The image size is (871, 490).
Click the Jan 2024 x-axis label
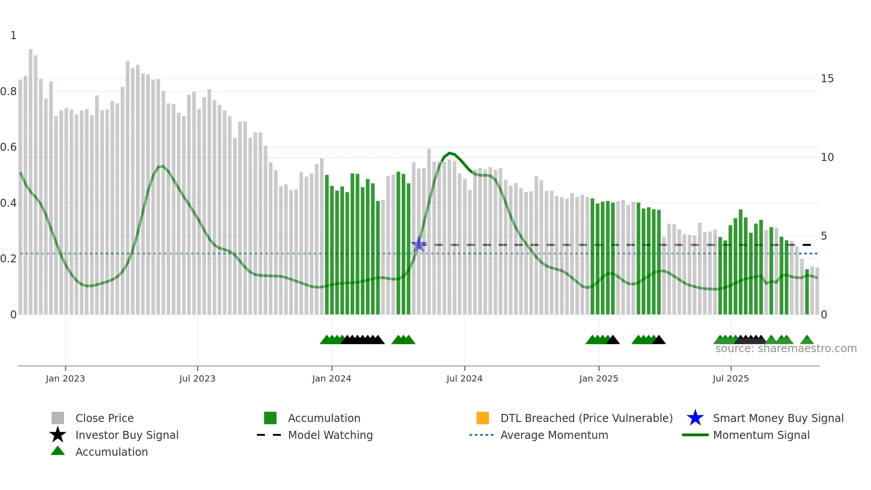(x=332, y=378)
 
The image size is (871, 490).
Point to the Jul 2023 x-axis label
(x=197, y=378)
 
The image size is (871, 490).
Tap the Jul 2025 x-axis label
(x=731, y=378)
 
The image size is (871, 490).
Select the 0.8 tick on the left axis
(x=8, y=92)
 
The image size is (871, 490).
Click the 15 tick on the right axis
(x=827, y=79)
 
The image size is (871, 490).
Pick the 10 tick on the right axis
(x=827, y=157)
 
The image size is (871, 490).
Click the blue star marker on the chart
(x=419, y=245)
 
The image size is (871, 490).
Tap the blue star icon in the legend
(x=695, y=418)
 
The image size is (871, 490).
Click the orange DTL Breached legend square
(x=483, y=418)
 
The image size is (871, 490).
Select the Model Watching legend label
(x=330, y=435)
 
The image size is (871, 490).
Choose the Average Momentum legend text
(x=554, y=435)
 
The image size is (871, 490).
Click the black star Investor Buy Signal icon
(x=58, y=435)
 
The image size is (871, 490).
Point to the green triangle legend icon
(x=58, y=451)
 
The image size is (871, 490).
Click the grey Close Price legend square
(x=58, y=418)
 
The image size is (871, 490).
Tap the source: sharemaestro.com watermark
(x=786, y=349)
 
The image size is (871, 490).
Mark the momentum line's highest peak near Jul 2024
(x=450, y=153)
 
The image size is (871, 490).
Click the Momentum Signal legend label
(x=761, y=435)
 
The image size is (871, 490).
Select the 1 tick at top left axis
(x=13, y=36)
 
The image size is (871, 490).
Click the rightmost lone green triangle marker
(x=807, y=340)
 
